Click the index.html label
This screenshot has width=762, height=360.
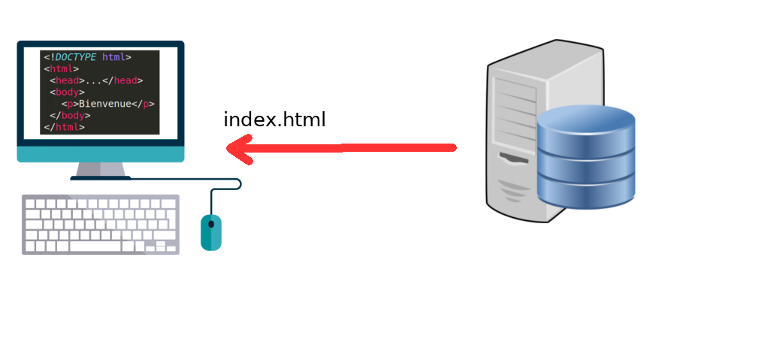(x=274, y=120)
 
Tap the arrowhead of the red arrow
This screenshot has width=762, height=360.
(x=239, y=148)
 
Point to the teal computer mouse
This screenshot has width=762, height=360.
(x=211, y=232)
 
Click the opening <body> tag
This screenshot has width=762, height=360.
(x=67, y=92)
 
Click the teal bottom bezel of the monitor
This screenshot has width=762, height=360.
(x=100, y=154)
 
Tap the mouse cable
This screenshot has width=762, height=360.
(x=225, y=185)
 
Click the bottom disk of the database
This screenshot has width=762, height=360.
(x=586, y=194)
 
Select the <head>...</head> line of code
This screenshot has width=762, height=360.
(x=95, y=80)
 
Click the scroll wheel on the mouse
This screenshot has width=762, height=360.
(x=211, y=223)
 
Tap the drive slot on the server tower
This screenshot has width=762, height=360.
(x=514, y=159)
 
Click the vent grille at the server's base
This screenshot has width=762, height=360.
(x=514, y=192)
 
